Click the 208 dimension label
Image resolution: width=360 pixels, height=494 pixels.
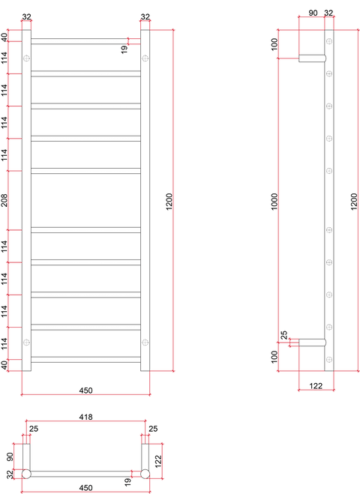4,200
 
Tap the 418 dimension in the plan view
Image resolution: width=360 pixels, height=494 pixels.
85,417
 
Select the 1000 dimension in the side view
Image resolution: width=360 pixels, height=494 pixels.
274,202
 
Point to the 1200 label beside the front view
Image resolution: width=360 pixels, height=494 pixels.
169,202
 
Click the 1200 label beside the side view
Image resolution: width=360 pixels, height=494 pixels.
354,202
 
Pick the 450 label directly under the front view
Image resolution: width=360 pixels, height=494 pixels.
85,391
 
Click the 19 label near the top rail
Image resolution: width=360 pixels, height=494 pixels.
124,49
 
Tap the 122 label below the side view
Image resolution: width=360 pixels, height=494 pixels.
316,385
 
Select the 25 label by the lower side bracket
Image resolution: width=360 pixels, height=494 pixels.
284,334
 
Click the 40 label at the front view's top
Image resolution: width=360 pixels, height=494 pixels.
4,37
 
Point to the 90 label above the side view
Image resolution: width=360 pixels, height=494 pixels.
313,13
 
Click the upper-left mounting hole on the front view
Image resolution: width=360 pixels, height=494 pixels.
26,58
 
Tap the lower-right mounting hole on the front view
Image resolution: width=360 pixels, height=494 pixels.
145,342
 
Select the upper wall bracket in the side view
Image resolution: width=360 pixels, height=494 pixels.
312,58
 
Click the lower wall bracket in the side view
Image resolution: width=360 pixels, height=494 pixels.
312,343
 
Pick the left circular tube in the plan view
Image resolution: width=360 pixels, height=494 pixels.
26,474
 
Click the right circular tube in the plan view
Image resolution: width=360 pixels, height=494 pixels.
145,474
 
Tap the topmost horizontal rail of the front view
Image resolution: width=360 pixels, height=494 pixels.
85,41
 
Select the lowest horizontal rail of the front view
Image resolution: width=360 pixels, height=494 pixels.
85,360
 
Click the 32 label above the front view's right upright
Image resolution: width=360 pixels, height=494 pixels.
145,16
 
